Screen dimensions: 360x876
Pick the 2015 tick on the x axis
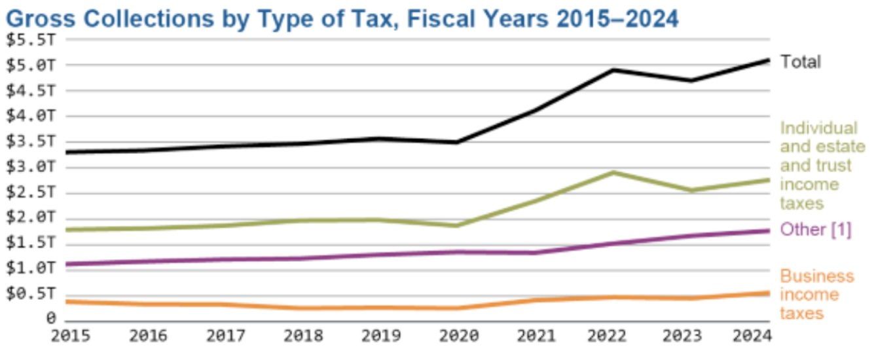click(70, 336)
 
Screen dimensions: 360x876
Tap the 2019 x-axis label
click(380, 336)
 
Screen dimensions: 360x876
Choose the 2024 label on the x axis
click(752, 336)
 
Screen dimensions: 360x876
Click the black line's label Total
click(800, 62)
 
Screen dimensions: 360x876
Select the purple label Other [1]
click(816, 230)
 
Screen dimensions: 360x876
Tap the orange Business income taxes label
click(816, 295)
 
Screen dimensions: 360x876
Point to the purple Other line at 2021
click(535, 253)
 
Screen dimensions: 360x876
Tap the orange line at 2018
click(302, 308)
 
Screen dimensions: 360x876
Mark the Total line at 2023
click(691, 81)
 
